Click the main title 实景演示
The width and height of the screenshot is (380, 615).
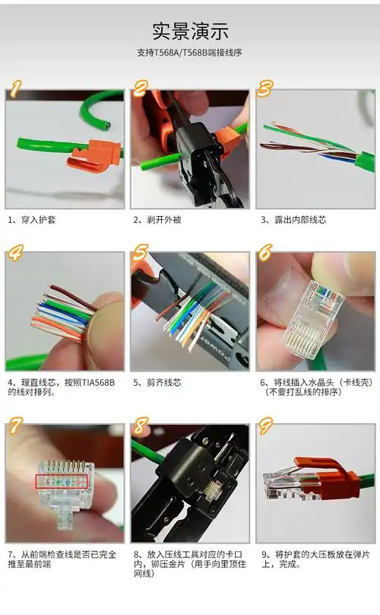tap(190, 31)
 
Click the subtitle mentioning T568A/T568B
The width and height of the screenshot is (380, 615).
tap(190, 53)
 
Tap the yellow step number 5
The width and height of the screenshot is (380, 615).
tap(141, 252)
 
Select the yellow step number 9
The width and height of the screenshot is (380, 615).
tap(265, 425)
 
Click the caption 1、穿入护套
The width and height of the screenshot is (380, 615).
tap(32, 220)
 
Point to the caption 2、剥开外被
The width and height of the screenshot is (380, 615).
tap(158, 220)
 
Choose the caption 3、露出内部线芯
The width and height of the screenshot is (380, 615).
tap(293, 220)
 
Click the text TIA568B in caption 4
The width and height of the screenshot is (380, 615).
tap(83, 382)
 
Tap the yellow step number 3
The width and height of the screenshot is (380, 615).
tap(265, 88)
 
